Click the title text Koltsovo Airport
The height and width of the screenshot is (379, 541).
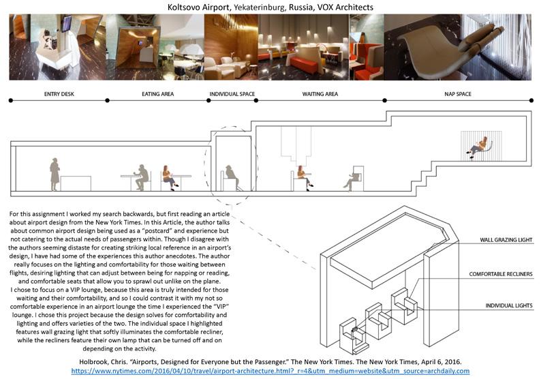coord(198,7)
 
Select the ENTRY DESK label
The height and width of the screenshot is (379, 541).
coord(59,94)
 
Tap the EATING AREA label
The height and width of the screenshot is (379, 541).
coord(157,94)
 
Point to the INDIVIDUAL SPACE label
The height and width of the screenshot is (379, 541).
coord(232,94)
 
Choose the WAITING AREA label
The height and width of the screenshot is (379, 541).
coord(320,94)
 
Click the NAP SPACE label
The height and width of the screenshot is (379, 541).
coord(458,94)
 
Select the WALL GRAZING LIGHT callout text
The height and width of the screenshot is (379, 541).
coord(506,240)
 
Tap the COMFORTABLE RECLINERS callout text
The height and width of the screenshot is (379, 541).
coord(501,274)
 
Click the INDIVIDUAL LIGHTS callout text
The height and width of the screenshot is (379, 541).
coord(509,306)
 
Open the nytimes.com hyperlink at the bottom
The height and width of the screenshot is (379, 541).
coord(270,371)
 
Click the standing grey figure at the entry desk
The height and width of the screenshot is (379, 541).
coord(55,175)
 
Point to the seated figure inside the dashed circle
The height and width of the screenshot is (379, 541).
coord(230,177)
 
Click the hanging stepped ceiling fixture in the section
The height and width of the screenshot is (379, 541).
coord(296,145)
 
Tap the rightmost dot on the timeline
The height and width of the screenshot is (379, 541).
coord(531,100)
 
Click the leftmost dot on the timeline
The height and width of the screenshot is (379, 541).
coord(11,100)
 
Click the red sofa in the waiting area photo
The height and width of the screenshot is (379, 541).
coord(304,65)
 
